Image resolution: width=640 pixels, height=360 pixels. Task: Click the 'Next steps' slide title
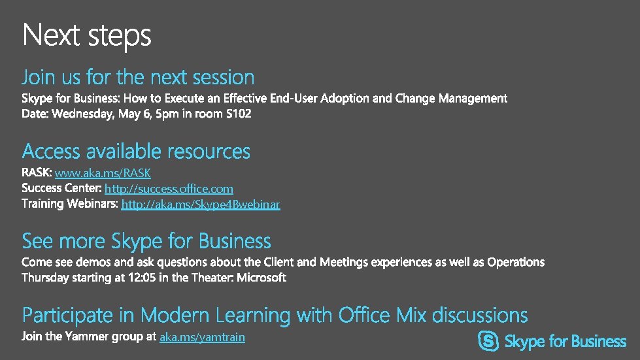pos(86,35)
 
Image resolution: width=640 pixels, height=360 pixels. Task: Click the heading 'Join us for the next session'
pos(138,78)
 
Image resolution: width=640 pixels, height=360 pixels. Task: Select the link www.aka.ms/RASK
pos(103,173)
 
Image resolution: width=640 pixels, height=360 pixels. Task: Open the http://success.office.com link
pos(169,189)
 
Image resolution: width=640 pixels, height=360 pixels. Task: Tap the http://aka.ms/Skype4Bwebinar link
pos(201,205)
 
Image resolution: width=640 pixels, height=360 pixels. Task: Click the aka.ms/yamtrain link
pos(202,337)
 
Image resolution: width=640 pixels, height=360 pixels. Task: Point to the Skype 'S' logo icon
pos(488,341)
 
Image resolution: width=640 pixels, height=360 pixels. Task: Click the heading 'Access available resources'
pos(136,152)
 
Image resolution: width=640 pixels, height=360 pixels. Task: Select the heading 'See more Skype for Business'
pos(146,241)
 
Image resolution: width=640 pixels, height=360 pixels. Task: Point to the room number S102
pos(237,114)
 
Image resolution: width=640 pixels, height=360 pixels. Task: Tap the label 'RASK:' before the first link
pos(37,173)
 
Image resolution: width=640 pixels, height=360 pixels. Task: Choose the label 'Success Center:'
pos(61,189)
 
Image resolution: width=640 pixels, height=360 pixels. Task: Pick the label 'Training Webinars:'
pos(70,205)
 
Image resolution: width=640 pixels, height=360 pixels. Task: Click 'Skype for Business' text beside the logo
pos(565,342)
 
